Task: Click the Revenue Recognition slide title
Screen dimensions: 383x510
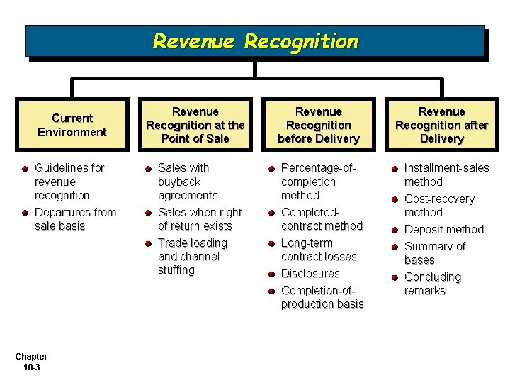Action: click(255, 41)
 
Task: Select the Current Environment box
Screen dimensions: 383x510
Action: click(72, 125)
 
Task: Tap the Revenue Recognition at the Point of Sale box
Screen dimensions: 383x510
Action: click(195, 125)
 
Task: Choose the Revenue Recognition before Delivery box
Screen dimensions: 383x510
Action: click(318, 125)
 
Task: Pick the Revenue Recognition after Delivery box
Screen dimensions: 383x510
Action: click(441, 125)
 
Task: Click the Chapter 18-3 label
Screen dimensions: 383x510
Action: click(30, 362)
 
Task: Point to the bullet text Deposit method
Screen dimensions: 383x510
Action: click(443, 230)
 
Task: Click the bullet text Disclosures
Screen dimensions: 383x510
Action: click(310, 274)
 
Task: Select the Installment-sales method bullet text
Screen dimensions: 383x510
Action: click(446, 175)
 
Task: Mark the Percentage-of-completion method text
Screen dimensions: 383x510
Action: click(317, 182)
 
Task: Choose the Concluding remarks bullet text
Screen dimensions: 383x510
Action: click(432, 284)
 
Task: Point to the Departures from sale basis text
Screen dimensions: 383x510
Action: click(75, 219)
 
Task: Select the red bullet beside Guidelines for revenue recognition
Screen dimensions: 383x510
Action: click(25, 169)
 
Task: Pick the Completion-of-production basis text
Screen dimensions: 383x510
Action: click(322, 297)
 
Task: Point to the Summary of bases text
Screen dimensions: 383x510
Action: click(434, 253)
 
